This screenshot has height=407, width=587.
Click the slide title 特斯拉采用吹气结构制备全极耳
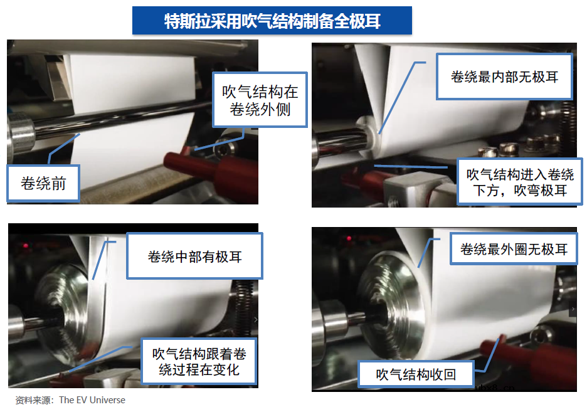point(272,21)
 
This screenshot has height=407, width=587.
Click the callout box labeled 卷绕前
point(43,184)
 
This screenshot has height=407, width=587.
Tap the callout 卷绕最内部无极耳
point(504,77)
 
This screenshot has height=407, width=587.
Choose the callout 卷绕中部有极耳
point(194,256)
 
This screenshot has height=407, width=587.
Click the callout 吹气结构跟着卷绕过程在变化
point(199,361)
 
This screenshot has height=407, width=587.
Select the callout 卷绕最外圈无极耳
point(514,249)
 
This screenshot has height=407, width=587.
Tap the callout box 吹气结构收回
point(416,374)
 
